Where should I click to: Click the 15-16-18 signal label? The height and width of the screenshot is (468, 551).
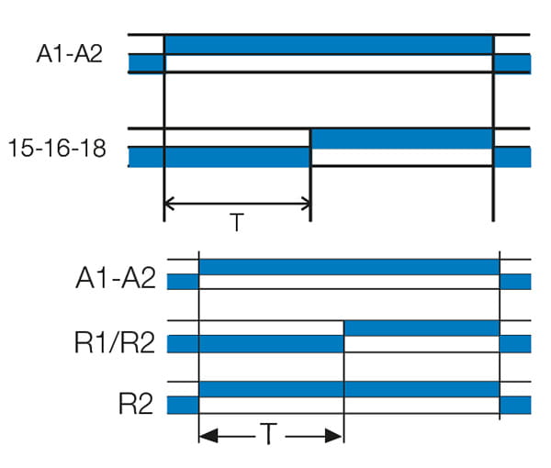point(58,149)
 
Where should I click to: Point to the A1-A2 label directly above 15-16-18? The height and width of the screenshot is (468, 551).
point(69,55)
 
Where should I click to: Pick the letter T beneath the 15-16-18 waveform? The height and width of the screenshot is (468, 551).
point(237,223)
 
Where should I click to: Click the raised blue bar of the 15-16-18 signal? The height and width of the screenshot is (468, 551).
point(401,139)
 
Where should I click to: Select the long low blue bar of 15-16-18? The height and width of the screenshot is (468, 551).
point(236,157)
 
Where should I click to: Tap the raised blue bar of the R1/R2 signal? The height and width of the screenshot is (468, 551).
point(422,328)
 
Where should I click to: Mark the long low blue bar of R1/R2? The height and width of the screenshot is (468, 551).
point(271,344)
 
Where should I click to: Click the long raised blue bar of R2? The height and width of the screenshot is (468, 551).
point(349,389)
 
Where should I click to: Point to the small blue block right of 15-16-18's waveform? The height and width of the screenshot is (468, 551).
point(512,157)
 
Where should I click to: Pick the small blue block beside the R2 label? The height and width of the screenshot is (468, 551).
point(183,405)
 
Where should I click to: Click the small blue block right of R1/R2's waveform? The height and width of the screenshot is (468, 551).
point(515,344)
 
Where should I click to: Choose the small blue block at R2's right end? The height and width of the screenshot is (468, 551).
point(515,405)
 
